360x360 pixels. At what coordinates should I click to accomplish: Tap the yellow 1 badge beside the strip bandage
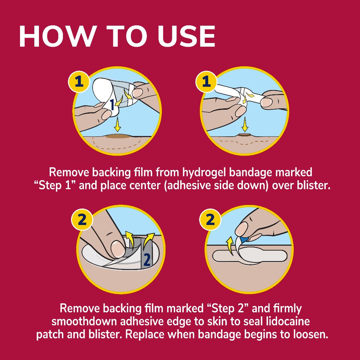coord(207,82)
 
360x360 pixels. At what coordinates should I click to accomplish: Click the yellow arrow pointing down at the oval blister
coord(117,126)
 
